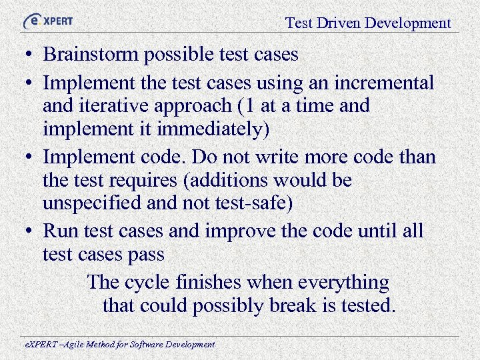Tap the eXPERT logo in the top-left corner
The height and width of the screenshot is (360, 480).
click(x=48, y=21)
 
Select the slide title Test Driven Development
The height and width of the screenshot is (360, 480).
click(x=368, y=23)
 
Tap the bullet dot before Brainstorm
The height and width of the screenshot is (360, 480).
click(x=31, y=55)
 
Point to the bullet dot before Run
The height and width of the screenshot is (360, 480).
click(x=31, y=232)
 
